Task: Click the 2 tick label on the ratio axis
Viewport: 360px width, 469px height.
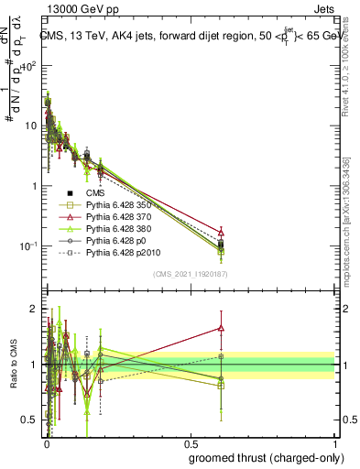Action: point(32,309)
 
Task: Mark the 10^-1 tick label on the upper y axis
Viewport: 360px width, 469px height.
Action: point(27,246)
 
